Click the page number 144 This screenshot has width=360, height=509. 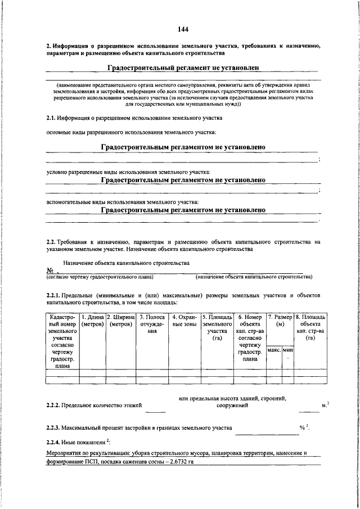[183, 29]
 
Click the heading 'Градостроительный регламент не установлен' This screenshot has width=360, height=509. [183, 67]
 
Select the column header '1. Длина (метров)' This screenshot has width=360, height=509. [92, 321]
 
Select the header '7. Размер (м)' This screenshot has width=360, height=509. [280, 321]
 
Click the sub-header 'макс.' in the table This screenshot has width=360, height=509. [274, 350]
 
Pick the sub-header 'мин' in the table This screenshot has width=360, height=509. [289, 350]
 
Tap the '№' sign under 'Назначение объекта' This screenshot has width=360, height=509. [49, 271]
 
